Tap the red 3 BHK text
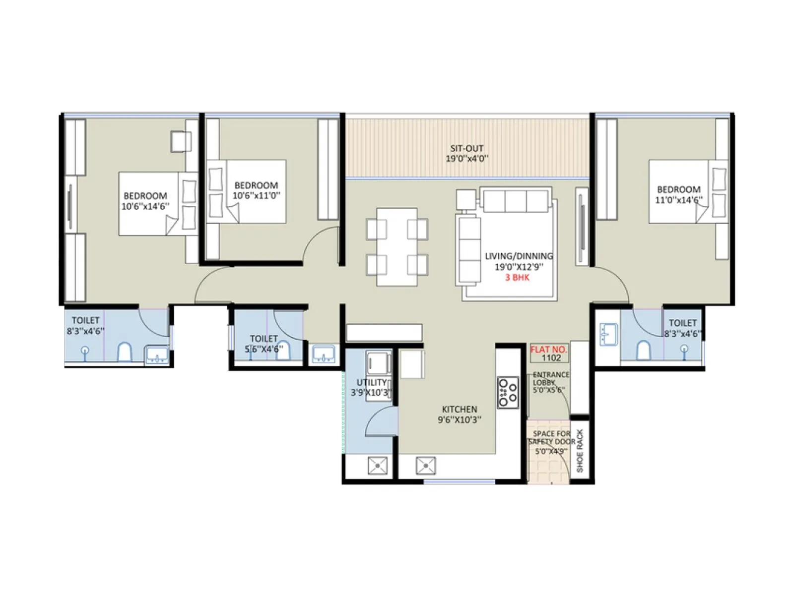pos(517,278)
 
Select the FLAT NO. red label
pos(548,349)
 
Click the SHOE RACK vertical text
pos(580,450)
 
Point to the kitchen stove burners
pos(508,393)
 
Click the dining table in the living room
pos(397,247)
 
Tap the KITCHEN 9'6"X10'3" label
pos(459,415)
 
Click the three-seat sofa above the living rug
pos(516,201)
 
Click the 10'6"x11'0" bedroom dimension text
pos(256,195)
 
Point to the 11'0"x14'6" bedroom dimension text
pos(678,200)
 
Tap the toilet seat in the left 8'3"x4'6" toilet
pos(124,352)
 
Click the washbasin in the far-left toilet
pos(156,355)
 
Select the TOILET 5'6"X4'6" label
pos(264,344)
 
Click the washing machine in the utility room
pos(378,363)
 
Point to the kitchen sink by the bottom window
pos(426,466)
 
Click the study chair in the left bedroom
pos(181,141)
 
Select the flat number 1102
pos(551,358)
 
